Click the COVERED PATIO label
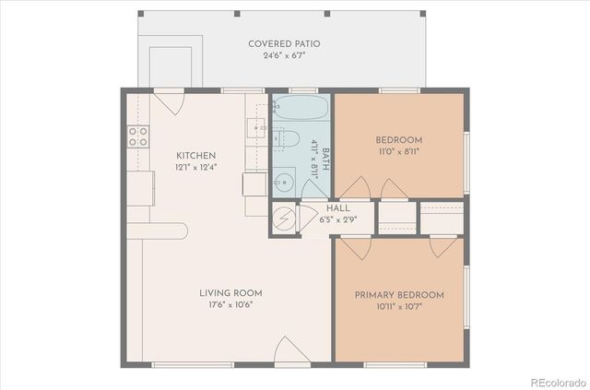click(x=284, y=43)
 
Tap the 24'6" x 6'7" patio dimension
click(x=284, y=55)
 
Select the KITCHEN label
click(x=196, y=155)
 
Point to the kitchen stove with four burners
click(x=138, y=137)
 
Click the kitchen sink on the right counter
click(x=255, y=128)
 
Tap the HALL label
click(x=313, y=209)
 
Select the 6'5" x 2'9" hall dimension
click(x=312, y=221)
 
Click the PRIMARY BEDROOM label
click(x=399, y=295)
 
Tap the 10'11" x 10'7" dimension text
click(x=399, y=307)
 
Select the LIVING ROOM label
click(x=226, y=293)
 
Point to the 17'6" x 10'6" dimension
click(x=226, y=305)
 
